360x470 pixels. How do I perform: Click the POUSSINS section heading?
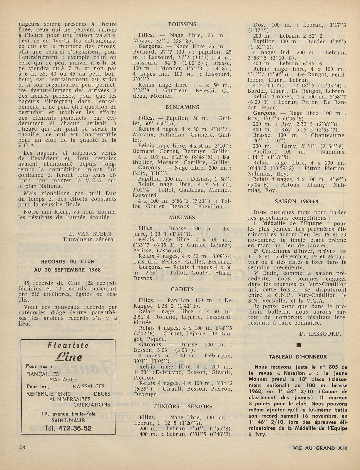(x=182, y=25)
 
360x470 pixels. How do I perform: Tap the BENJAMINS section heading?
(x=182, y=107)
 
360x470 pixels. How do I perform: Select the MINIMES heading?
(x=182, y=218)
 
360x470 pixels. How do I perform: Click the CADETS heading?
(x=182, y=289)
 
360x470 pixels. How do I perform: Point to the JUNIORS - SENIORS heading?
(x=183, y=406)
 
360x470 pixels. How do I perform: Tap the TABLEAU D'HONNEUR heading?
(x=298, y=357)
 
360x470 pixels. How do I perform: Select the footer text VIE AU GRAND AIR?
(x=320, y=448)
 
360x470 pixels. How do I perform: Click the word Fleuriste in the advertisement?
(x=68, y=345)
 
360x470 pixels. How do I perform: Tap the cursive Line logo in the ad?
(x=68, y=357)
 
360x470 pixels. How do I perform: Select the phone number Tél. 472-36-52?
(x=68, y=428)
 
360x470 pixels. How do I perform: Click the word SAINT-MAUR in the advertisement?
(x=68, y=421)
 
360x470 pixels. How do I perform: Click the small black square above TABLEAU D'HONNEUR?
(x=299, y=345)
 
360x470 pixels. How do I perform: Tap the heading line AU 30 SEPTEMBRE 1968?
(x=67, y=270)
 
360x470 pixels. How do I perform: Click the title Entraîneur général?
(x=90, y=239)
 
